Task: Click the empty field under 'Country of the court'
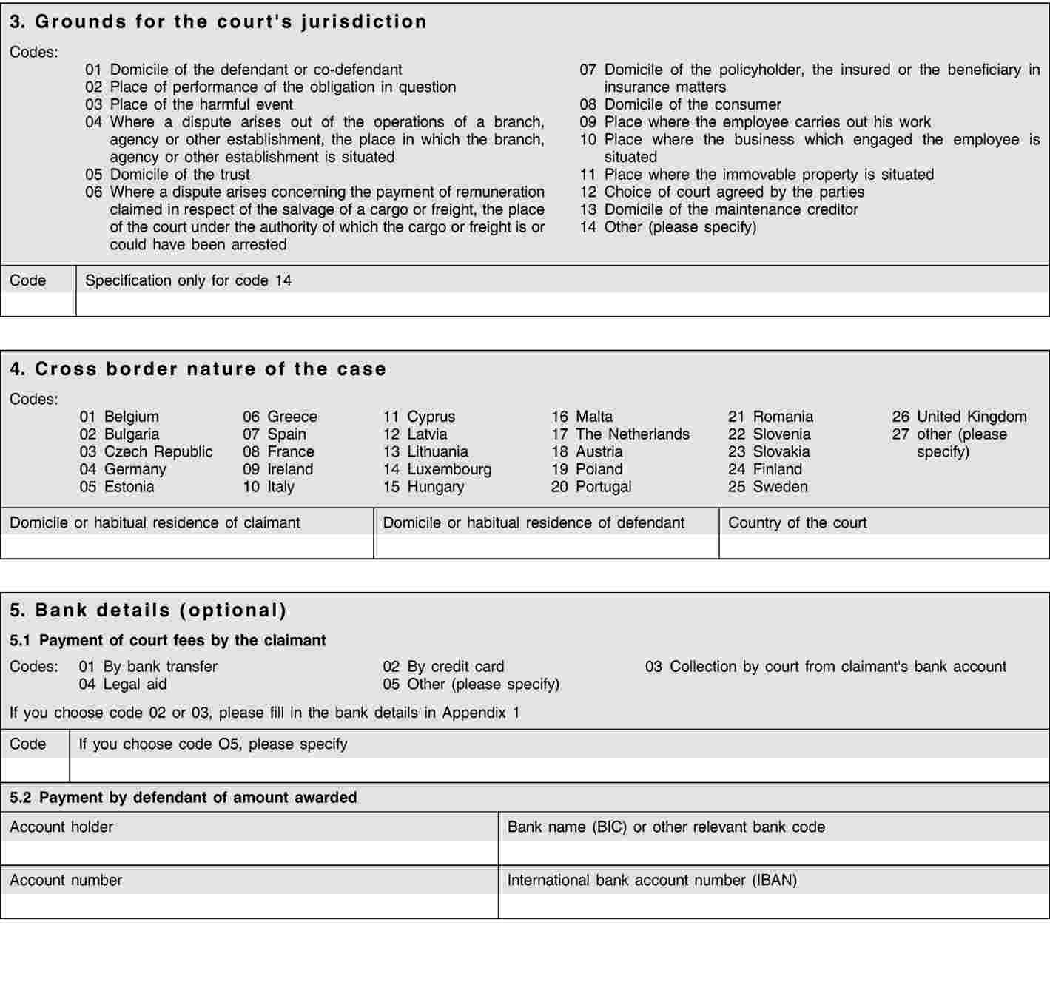884,546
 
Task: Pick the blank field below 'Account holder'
249,852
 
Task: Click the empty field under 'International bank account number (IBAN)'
773,906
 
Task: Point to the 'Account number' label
66,880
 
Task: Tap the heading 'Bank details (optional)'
148,611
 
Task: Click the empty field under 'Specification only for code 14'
562,304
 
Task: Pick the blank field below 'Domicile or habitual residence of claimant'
187,546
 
